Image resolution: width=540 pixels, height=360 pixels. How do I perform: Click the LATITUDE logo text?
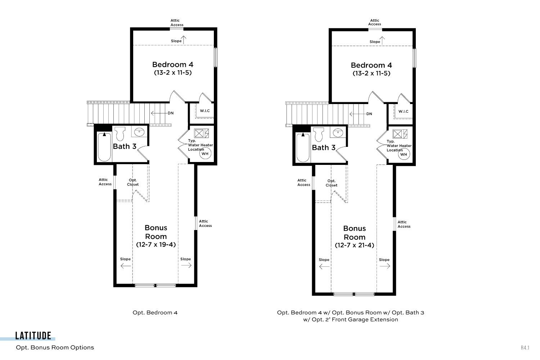33,336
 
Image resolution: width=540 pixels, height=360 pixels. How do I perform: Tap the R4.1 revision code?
525,348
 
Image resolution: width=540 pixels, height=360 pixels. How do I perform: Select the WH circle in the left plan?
205,153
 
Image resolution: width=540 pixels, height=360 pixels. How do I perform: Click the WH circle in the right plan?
404,154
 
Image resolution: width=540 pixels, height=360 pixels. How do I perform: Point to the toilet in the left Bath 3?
120,134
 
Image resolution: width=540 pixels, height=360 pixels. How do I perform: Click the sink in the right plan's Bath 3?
338,132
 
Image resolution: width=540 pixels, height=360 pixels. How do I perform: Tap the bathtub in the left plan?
104,147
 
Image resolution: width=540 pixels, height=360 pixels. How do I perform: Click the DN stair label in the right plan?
369,114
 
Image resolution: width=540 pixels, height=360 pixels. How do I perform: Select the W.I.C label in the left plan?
205,111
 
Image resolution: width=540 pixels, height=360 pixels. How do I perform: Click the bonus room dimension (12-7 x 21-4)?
354,245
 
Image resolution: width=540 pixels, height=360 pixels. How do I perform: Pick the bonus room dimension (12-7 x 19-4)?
156,244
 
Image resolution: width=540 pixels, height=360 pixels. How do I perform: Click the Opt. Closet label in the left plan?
133,182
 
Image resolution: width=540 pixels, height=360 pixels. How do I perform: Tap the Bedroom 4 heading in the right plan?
371,65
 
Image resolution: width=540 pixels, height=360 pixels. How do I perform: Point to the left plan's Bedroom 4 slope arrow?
184,40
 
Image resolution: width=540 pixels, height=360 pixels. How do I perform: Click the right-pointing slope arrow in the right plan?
385,266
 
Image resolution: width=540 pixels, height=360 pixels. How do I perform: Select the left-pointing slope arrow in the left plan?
126,266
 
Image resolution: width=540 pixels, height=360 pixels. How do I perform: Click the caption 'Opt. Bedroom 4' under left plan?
155,312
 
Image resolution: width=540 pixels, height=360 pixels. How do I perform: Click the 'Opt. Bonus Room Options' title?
55,347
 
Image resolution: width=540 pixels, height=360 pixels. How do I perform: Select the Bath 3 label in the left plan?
125,147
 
